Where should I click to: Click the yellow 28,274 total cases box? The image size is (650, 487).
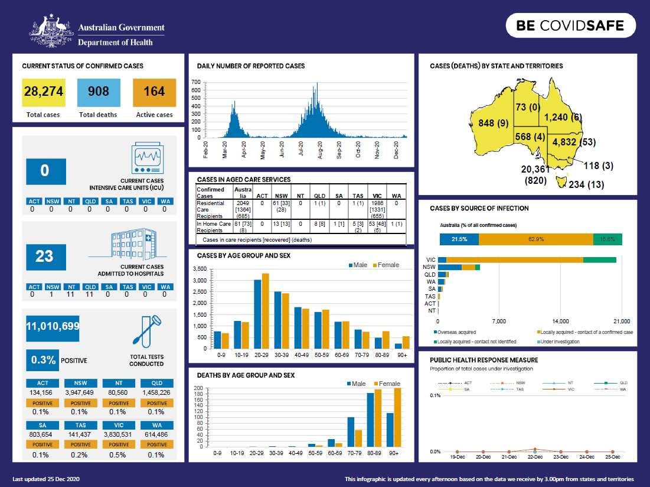click(x=43, y=92)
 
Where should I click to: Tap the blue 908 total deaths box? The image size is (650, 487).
click(x=98, y=92)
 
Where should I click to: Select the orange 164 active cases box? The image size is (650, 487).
click(x=154, y=92)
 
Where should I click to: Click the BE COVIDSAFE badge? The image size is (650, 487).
click(x=570, y=25)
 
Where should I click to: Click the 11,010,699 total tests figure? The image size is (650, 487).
click(x=53, y=326)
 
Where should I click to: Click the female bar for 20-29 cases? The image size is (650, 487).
click(x=265, y=311)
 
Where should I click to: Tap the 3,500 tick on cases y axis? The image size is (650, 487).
click(x=200, y=270)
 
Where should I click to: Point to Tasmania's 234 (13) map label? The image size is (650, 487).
click(x=586, y=184)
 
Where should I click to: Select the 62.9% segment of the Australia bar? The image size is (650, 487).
click(x=536, y=239)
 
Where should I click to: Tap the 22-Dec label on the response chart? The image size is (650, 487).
click(x=534, y=457)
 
